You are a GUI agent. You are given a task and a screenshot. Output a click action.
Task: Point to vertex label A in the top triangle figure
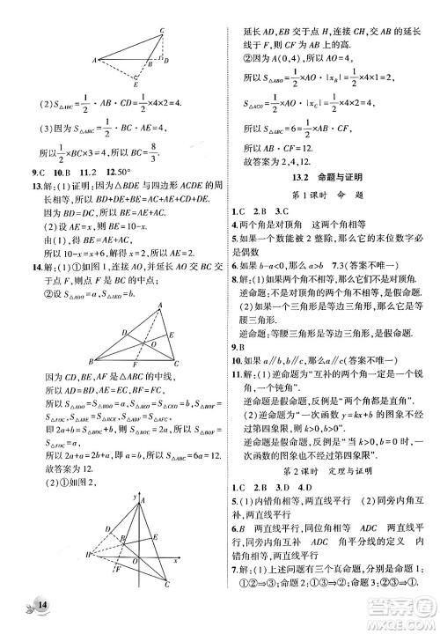tap(96, 60)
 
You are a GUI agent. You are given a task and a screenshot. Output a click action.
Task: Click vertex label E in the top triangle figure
tap(134, 85)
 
